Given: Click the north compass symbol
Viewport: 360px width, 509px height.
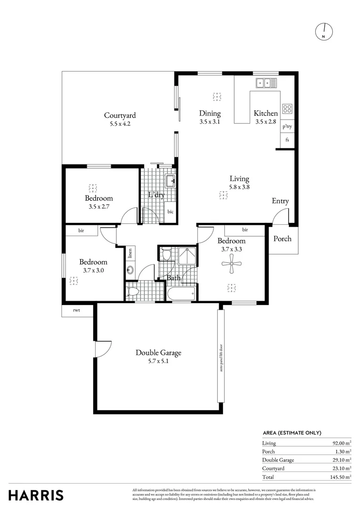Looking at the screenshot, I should point(323,31).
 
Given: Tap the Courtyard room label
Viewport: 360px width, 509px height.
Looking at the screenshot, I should point(120,115).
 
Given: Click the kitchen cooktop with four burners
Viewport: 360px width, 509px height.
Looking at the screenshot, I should point(287,109).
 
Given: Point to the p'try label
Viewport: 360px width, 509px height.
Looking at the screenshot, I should point(287,127).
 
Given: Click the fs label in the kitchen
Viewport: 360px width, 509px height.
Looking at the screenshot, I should point(287,140).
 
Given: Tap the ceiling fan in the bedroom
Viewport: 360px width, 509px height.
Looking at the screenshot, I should point(232,263).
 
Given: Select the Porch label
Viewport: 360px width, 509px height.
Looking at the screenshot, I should point(282,238).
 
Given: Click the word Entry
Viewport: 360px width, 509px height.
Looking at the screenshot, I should point(280,201).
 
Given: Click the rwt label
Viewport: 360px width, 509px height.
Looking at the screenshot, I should point(76,310).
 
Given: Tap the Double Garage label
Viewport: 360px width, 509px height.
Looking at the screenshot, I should point(158,353).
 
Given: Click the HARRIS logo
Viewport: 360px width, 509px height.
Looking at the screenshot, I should point(36,495).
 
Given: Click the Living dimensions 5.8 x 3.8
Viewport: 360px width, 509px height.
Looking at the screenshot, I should point(239,187).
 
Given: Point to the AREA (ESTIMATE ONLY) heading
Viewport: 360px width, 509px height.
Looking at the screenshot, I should point(292,433).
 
